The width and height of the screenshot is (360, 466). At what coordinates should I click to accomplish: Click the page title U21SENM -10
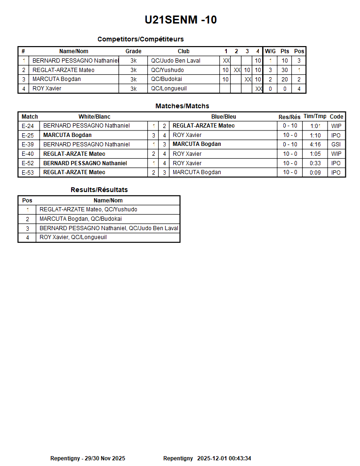181,20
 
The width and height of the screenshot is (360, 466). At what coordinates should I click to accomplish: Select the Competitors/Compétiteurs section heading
140,39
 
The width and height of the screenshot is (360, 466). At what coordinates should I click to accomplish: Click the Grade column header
133,51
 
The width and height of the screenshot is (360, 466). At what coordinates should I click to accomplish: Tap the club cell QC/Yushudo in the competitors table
168,70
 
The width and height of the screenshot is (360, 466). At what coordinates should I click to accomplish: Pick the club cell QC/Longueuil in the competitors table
169,88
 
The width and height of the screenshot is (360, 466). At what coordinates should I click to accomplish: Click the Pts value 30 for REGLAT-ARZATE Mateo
285,70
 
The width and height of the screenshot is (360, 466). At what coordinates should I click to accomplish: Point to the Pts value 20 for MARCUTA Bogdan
285,80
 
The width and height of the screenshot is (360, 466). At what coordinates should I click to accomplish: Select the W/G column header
270,51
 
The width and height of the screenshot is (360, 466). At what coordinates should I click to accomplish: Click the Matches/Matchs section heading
182,106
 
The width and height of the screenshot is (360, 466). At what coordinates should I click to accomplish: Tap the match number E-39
28,145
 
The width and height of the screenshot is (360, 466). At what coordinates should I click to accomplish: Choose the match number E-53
28,172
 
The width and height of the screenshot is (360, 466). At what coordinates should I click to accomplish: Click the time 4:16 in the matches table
315,145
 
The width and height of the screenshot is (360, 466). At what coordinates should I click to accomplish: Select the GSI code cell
336,145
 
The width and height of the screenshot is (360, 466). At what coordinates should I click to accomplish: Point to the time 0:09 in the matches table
315,172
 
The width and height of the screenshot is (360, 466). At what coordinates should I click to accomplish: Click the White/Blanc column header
95,117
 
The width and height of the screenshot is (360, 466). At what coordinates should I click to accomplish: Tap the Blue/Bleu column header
224,117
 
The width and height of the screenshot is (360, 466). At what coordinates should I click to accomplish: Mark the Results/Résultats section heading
99,190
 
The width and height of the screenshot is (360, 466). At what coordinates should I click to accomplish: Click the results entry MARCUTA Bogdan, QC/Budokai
80,219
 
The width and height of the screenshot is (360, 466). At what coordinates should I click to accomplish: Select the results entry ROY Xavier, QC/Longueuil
73,237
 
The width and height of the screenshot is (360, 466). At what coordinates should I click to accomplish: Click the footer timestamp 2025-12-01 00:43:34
224,458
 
